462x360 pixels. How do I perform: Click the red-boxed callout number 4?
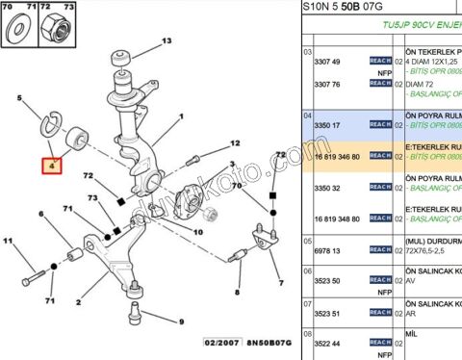click(54, 165)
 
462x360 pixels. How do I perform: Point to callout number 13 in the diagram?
click(166, 40)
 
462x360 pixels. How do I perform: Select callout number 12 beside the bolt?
click(234, 143)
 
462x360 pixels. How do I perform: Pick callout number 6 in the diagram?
click(40, 214)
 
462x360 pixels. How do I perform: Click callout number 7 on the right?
click(281, 284)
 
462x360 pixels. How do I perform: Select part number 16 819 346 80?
click(337, 155)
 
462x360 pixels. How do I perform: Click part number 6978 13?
click(329, 248)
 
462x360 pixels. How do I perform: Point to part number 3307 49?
click(329, 61)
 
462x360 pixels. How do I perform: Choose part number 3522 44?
click(329, 343)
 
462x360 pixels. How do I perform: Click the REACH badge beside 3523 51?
click(380, 312)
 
